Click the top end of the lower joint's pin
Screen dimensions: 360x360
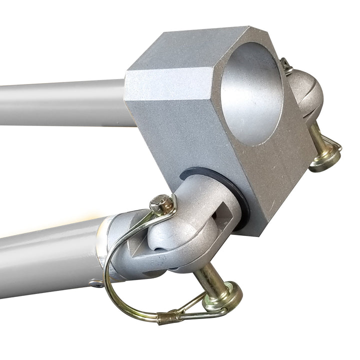[163, 202]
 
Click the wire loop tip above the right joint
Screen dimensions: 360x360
[286, 63]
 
